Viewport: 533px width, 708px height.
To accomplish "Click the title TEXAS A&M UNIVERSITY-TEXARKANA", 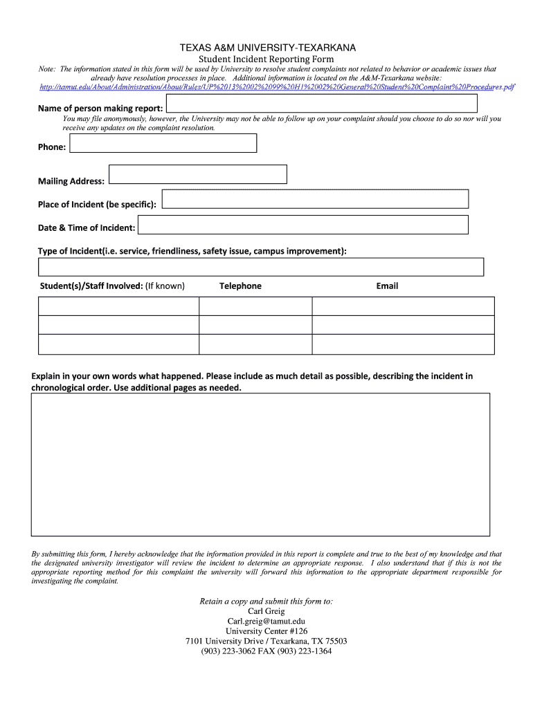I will [266, 48].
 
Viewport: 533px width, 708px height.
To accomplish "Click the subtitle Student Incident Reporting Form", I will [266, 59].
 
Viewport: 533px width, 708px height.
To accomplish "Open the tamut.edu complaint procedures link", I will [277, 87].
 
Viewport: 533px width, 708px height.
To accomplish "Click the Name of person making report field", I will [322, 104].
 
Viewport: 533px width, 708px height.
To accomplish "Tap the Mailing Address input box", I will [198, 174].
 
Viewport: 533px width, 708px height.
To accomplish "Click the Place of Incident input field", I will [315, 199].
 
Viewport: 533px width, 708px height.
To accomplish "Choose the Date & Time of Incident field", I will [303, 225].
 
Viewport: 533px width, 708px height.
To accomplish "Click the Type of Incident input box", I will [260, 267].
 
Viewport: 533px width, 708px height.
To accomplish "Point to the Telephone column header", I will [240, 286].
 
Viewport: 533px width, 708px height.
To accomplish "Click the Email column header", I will [387, 286].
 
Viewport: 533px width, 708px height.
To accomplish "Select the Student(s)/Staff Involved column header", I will [112, 286].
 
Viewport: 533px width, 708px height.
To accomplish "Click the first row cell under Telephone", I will [255, 306].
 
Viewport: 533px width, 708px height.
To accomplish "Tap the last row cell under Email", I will [403, 344].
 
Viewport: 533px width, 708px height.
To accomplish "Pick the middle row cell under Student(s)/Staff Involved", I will [118, 325].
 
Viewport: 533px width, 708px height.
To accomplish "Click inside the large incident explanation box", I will [260, 464].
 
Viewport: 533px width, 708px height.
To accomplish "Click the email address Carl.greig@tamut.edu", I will [266, 621].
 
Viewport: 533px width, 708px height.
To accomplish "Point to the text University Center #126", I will [266, 631].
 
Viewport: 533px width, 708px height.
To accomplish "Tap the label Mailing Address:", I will [71, 181].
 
